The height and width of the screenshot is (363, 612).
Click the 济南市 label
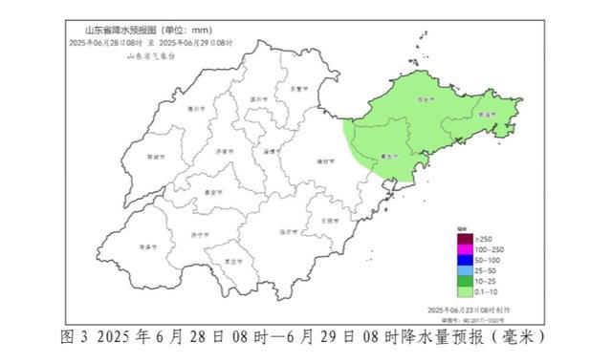click(x=224, y=151)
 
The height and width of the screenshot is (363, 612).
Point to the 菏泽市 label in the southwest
click(x=146, y=246)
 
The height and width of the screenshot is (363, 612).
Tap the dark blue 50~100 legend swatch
click(x=461, y=260)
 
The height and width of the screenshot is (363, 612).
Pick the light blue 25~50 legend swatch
click(x=461, y=272)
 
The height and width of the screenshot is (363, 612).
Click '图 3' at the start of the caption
click(x=74, y=338)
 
